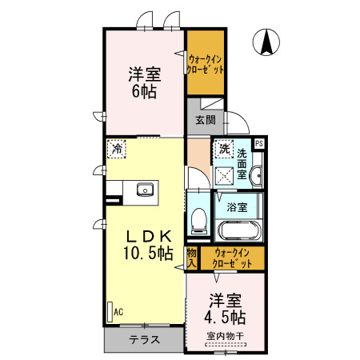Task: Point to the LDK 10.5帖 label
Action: click(x=146, y=246)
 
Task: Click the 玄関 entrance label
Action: click(x=205, y=121)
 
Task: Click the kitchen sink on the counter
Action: click(x=145, y=190)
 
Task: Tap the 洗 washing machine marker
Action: click(x=225, y=148)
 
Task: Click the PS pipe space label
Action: click(x=258, y=144)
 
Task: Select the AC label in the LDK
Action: click(x=118, y=311)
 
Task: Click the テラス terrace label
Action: click(x=145, y=339)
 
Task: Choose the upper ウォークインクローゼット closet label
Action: click(x=206, y=62)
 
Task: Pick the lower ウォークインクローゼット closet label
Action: click(x=231, y=258)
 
